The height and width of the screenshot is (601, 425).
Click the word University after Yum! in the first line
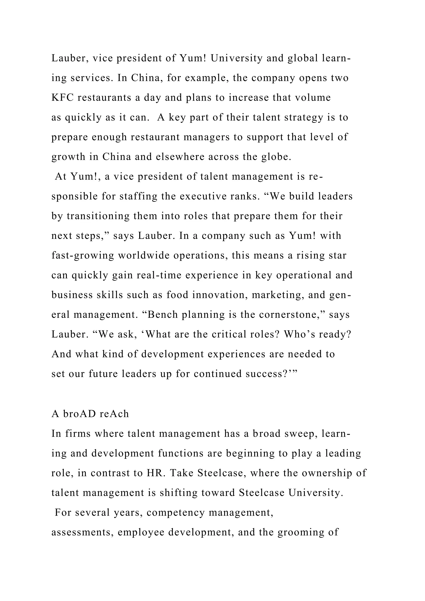pos(236,58)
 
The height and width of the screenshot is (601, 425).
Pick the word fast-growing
pos(83,255)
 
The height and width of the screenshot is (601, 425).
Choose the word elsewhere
pos(180,157)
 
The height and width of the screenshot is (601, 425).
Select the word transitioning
pos(98,216)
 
